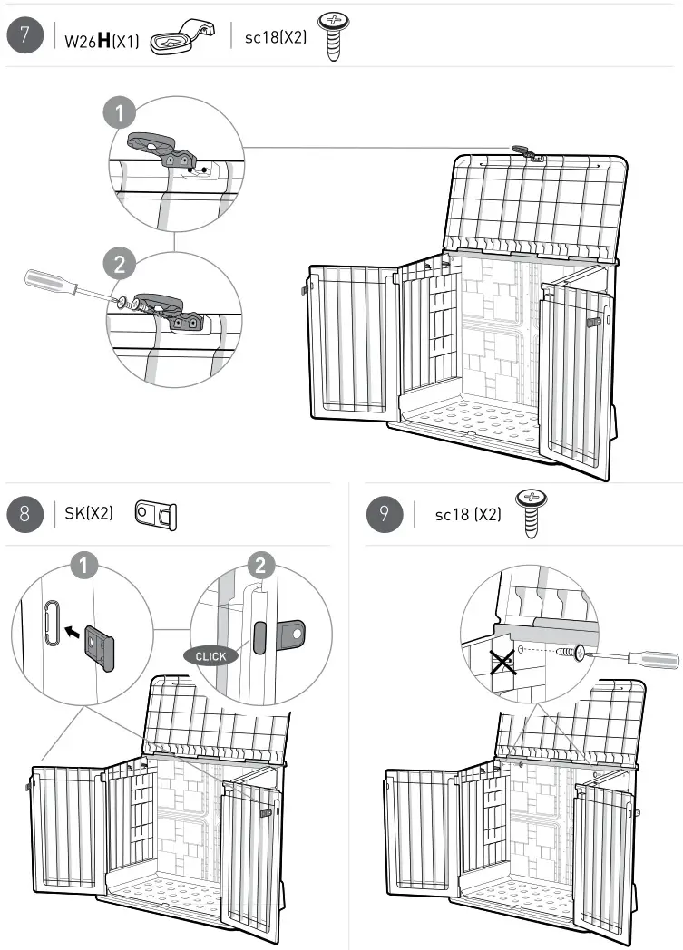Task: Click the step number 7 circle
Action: [24, 37]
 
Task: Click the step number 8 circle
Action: [24, 513]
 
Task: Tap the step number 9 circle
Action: [385, 514]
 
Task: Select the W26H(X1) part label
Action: [102, 40]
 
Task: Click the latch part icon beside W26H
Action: [181, 37]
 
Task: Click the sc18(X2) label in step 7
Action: [276, 38]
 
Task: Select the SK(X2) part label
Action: [89, 514]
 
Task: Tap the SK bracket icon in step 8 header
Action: [155, 513]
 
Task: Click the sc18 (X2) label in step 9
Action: [467, 515]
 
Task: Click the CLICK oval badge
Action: [210, 654]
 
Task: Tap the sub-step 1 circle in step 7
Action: [120, 114]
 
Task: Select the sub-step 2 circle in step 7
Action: [121, 266]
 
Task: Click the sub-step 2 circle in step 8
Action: [260, 566]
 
